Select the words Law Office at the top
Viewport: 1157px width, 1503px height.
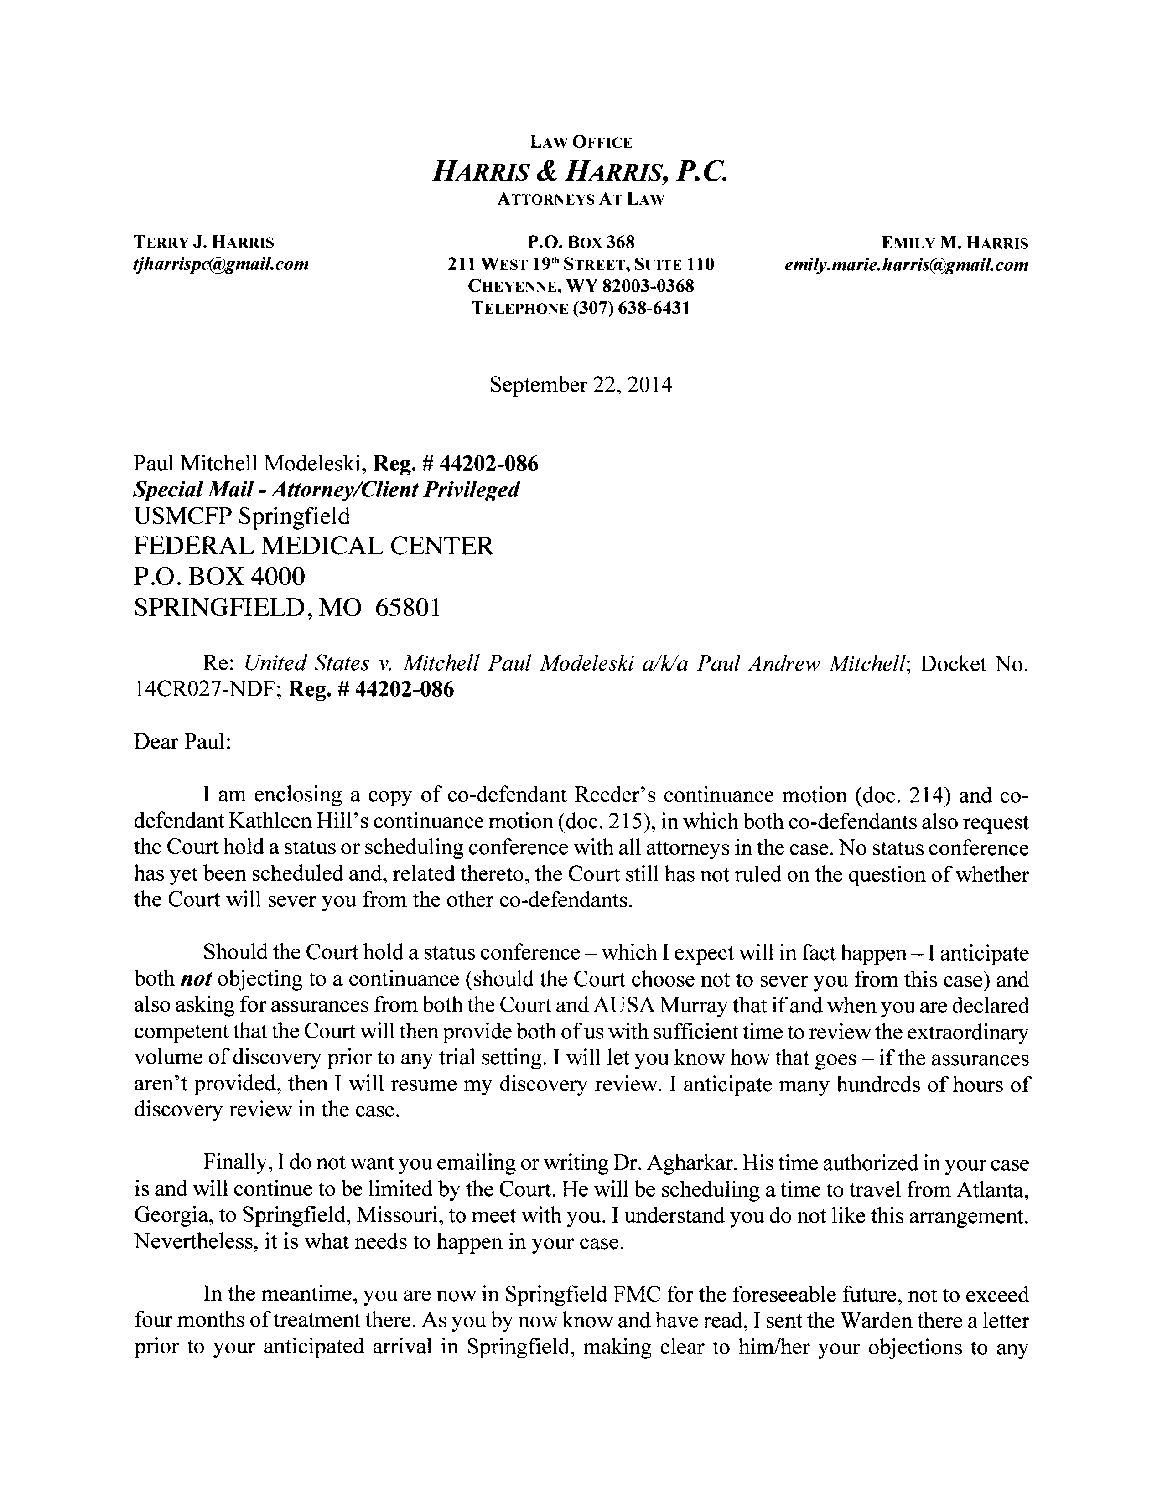[x=580, y=142]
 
